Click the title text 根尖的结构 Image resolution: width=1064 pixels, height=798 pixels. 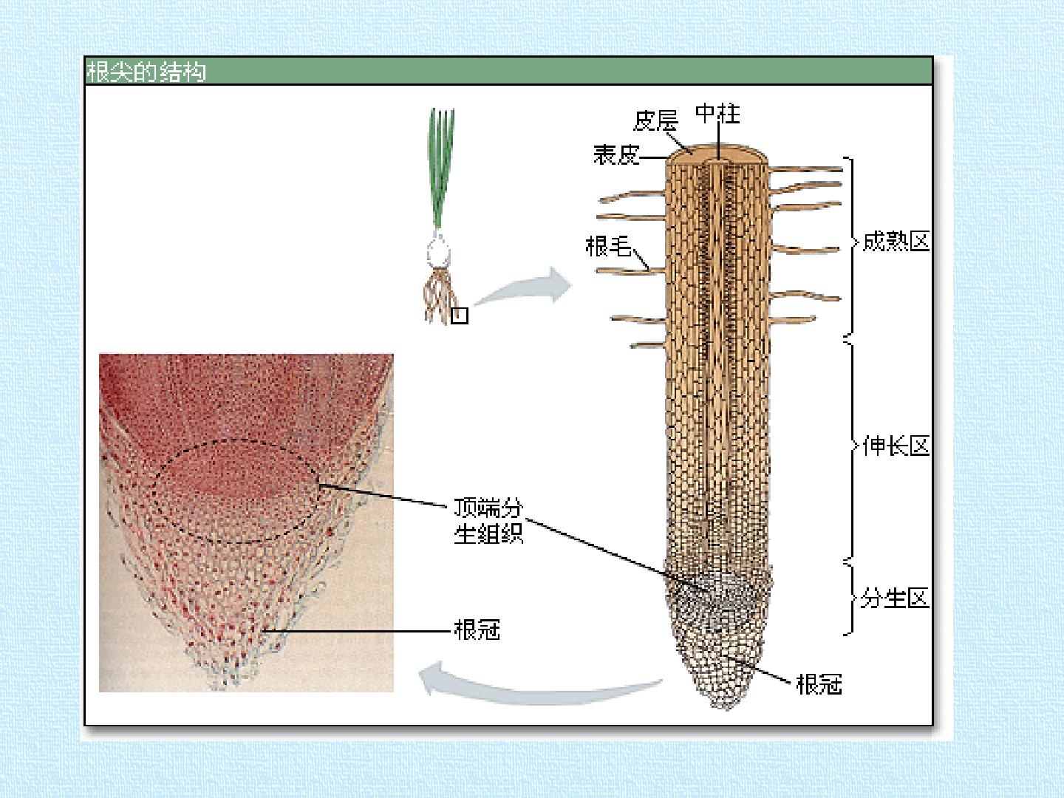click(146, 72)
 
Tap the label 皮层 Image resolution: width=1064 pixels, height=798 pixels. click(655, 120)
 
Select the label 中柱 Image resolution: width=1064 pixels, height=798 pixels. click(717, 114)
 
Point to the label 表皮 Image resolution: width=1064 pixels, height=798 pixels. click(616, 155)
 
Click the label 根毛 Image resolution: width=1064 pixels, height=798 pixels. click(608, 246)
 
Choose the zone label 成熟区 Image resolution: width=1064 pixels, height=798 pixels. click(896, 242)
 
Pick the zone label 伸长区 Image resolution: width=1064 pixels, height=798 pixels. click(896, 446)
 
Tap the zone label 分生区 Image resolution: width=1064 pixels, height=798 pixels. click(895, 598)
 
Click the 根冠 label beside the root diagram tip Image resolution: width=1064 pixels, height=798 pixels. click(819, 684)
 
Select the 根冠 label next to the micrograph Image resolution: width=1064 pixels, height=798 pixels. click(477, 630)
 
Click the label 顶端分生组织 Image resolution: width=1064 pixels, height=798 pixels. click(488, 521)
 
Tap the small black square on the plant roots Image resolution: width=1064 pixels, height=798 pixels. click(460, 316)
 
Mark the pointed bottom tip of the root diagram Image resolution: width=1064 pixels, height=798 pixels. click(726, 709)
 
